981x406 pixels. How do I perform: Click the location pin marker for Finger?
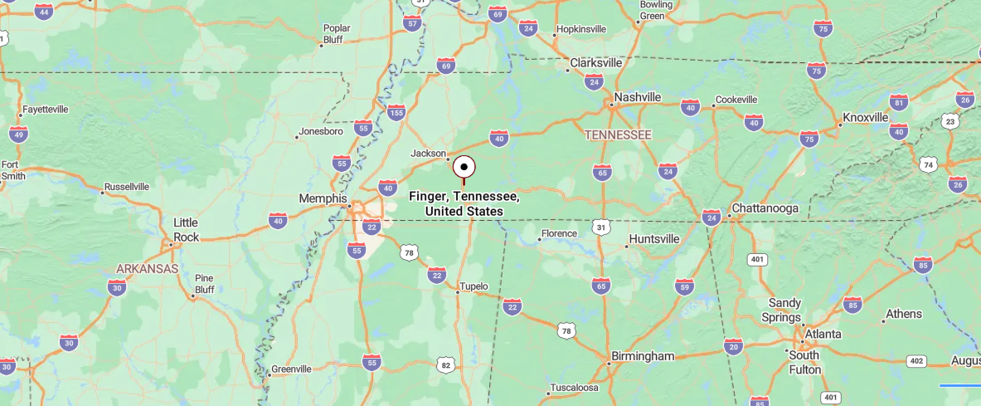point(464,166)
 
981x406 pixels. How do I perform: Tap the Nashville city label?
point(637,97)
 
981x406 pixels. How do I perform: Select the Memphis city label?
point(323,198)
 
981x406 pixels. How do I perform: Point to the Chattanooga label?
point(764,208)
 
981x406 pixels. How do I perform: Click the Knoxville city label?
point(865,117)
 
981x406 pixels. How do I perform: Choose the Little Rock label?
point(186,229)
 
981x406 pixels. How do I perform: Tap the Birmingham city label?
point(643,356)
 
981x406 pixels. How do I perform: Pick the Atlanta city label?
point(822,334)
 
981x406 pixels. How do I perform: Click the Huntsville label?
point(654,239)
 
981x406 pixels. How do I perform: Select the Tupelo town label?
point(474,286)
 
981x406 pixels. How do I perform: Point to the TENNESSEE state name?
point(618,135)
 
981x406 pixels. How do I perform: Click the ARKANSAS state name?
point(147,269)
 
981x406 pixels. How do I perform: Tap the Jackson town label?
point(429,153)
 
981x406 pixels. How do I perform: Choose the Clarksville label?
point(595,62)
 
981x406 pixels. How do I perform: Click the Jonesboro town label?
point(321,131)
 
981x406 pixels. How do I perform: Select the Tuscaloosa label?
point(574,388)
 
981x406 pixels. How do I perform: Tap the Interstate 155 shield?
point(396,112)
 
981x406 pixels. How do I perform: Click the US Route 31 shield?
point(602,227)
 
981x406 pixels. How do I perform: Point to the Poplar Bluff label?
point(337,33)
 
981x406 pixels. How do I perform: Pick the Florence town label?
point(559,233)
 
